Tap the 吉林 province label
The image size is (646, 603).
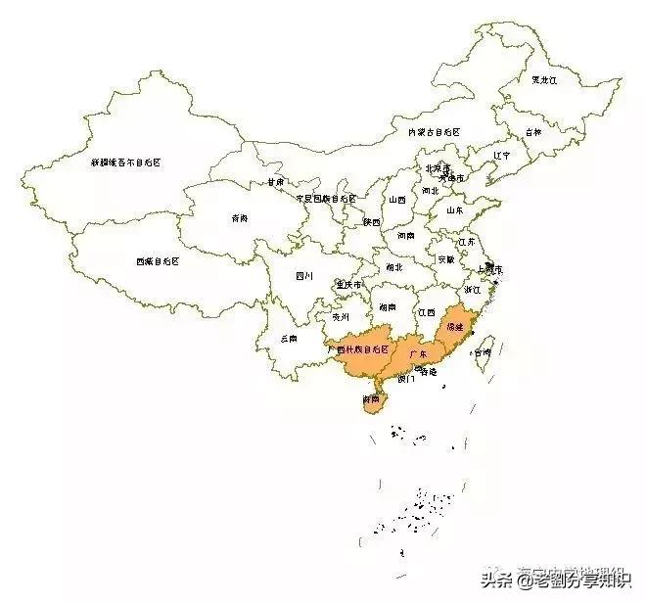pos(531,131)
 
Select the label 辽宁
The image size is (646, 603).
pos(502,155)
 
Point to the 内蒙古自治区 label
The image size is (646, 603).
pos(434,131)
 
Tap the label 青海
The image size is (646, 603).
pos(240,217)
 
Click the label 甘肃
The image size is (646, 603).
pos(275,182)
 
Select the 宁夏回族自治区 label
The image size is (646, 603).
pos(317,198)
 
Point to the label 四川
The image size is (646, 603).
pos(304,276)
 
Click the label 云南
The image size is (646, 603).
pos(288,338)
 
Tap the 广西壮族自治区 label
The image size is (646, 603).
pos(359,348)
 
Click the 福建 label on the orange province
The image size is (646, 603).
pos(455,325)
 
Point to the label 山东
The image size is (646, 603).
pos(455,209)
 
